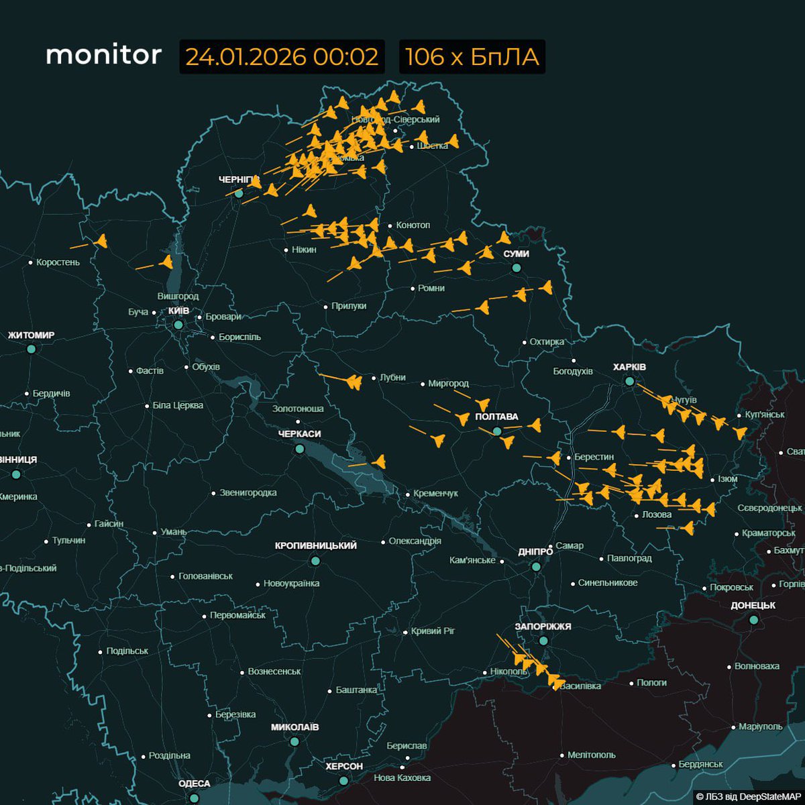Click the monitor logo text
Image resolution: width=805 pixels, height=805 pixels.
[x=104, y=55]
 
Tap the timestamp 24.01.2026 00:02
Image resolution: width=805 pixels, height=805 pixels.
[x=282, y=57]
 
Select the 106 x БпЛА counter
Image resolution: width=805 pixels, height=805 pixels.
[x=472, y=57]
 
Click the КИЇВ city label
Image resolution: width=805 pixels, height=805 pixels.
[x=178, y=311]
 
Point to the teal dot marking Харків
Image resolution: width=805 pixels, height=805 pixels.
[x=629, y=381]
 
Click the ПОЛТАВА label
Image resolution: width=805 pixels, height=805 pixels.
[x=496, y=417]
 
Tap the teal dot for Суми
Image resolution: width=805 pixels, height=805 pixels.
[x=516, y=268]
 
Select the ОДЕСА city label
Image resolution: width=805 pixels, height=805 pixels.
[x=194, y=784]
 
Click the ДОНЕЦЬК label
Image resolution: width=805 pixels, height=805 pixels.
[x=753, y=605]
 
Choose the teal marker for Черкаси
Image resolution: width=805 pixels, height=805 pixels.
[x=299, y=449]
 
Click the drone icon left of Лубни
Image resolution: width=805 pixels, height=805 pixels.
[x=354, y=382]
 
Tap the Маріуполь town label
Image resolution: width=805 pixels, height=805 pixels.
[x=760, y=727]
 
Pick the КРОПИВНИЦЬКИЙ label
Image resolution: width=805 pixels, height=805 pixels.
[x=315, y=545]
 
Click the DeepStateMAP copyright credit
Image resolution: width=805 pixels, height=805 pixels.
[x=749, y=796]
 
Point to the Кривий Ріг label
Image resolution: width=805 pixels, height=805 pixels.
[x=433, y=631]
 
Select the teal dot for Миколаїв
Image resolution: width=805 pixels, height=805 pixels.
[x=294, y=741]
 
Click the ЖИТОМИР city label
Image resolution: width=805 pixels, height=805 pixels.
[x=31, y=335]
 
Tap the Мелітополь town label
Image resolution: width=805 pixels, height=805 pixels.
[x=591, y=755]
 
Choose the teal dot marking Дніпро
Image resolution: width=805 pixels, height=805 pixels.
[x=536, y=567]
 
